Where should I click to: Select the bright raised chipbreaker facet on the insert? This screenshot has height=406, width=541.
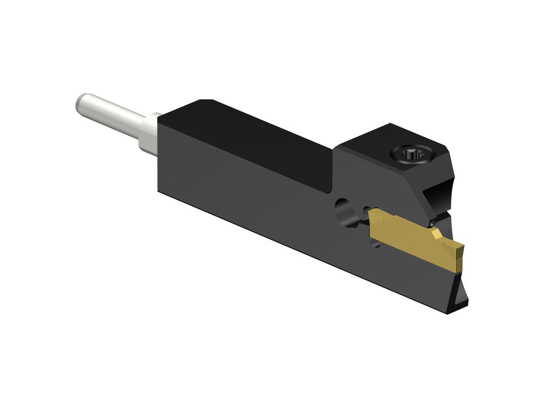pyautogui.click(x=436, y=234)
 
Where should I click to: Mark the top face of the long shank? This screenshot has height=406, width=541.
pyautogui.click(x=252, y=135)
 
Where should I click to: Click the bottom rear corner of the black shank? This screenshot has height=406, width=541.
pyautogui.click(x=158, y=190)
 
